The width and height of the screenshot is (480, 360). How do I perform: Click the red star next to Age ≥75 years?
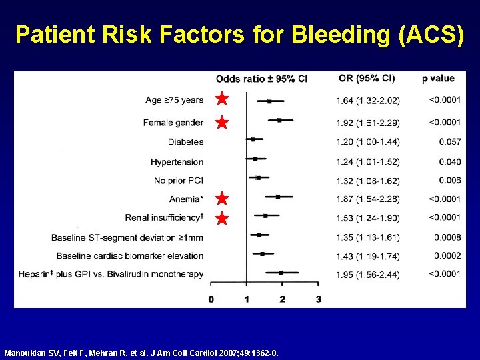point(222,99)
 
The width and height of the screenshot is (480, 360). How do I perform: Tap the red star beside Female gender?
point(222,123)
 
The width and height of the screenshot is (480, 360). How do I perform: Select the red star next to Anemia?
point(222,199)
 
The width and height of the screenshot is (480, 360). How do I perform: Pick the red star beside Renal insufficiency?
point(222,218)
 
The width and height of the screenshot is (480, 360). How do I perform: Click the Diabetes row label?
point(185,141)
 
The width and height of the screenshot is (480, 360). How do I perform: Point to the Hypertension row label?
point(177,162)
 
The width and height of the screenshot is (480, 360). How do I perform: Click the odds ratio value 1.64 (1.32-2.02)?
point(367,101)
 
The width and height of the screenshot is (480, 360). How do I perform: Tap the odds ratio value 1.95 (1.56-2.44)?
point(367,274)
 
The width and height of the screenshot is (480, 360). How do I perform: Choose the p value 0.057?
point(450,141)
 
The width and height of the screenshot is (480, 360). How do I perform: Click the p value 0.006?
point(450,180)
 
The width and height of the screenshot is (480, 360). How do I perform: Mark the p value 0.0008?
point(447,237)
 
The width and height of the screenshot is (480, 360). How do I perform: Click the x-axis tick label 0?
point(211,299)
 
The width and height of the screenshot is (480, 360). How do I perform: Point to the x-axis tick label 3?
point(318,299)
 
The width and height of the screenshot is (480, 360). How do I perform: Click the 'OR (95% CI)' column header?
point(367,79)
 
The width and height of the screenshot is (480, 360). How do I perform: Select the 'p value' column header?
point(439,79)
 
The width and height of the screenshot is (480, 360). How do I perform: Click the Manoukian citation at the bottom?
point(141,352)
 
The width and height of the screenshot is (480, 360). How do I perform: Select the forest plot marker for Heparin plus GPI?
point(281,273)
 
